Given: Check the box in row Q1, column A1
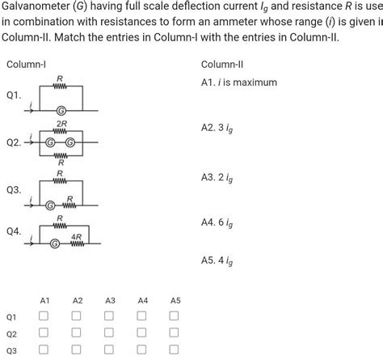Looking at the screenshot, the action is click(x=44, y=316).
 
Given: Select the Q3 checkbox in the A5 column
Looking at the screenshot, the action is click(x=175, y=349).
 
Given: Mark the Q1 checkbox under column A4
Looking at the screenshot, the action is click(x=142, y=316).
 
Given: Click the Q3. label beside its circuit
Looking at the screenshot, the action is click(x=13, y=190).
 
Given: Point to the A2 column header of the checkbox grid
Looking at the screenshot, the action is click(x=78, y=300).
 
